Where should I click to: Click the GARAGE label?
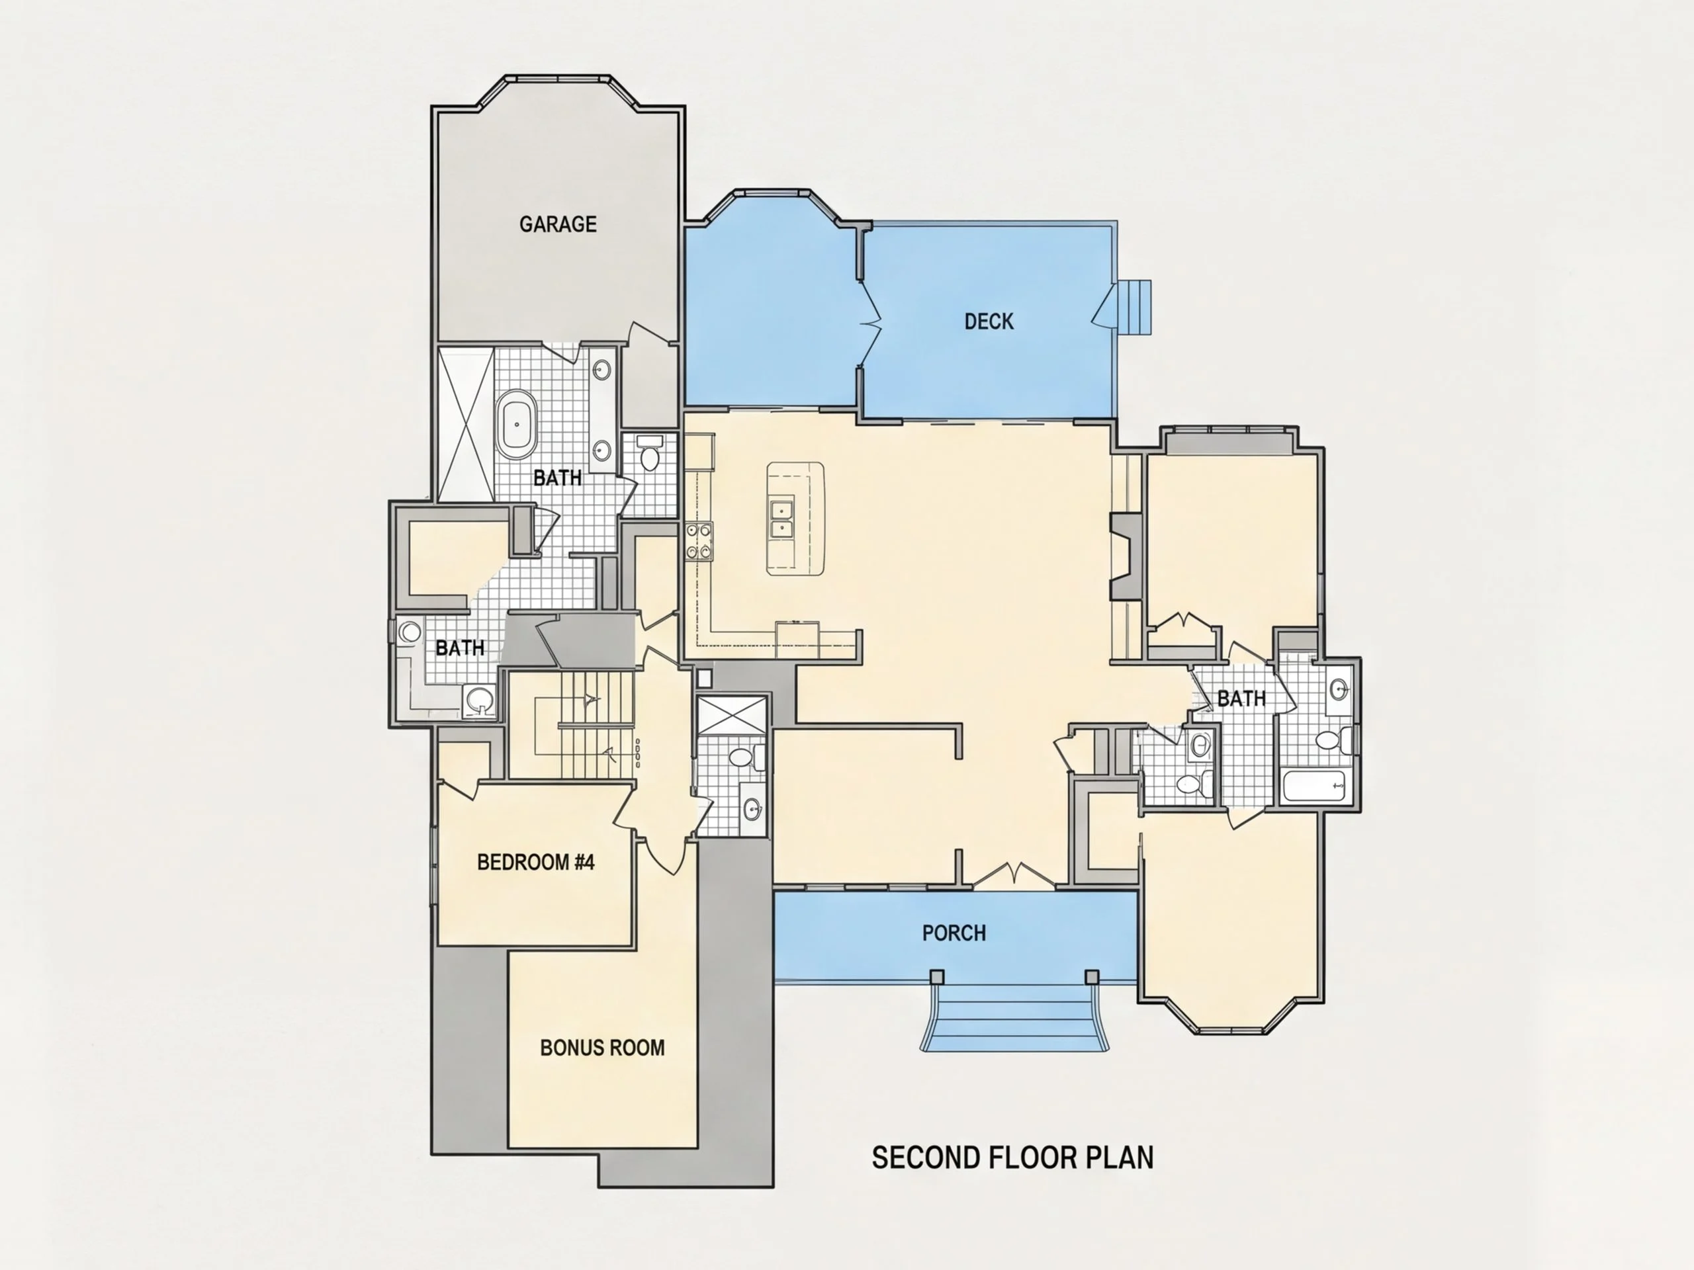558,224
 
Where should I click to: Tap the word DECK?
989,321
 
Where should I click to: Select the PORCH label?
954,933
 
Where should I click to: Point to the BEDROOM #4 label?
535,862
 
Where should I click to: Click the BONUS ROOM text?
602,1047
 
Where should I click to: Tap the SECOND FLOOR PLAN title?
1012,1158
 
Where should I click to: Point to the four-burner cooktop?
698,541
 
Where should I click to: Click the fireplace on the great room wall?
1126,556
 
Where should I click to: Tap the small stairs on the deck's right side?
1134,307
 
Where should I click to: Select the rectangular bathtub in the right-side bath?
1314,786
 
